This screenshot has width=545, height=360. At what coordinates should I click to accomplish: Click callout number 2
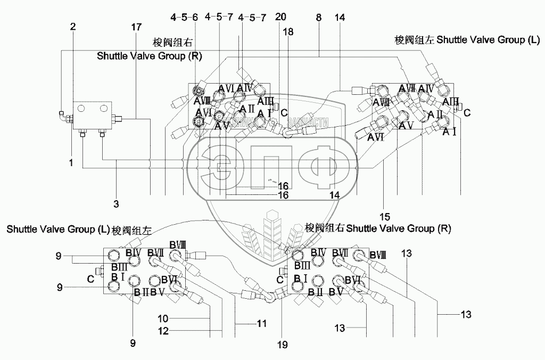point(73,26)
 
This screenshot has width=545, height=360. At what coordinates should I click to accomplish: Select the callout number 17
point(137,26)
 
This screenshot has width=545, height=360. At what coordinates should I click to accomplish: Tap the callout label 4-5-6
point(185,18)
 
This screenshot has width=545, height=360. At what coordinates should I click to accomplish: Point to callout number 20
point(281,18)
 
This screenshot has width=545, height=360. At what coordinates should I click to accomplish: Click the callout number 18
point(288,32)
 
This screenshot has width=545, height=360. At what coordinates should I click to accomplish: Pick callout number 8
point(318,18)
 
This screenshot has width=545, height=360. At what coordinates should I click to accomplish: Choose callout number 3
point(117,203)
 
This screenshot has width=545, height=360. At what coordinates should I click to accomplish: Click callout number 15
point(385,216)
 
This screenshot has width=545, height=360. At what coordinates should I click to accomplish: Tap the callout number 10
point(163,318)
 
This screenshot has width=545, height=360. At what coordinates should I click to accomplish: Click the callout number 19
point(282,345)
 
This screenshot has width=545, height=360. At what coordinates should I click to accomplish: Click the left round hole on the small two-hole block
point(81,108)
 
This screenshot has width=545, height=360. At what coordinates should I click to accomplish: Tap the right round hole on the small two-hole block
point(103,108)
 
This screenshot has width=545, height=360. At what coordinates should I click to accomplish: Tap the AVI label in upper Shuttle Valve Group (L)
point(376,137)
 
